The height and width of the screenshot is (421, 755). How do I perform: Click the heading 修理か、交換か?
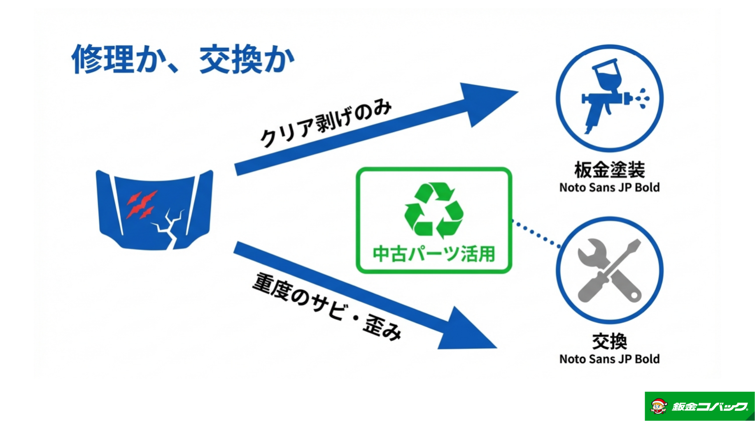click(x=183, y=60)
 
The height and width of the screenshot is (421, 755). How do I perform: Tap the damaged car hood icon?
click(x=154, y=210)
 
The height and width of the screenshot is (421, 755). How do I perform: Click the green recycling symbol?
click(x=433, y=210)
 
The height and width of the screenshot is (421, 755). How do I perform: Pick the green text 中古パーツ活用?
click(x=433, y=254)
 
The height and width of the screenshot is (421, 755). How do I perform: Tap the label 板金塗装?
click(x=609, y=169)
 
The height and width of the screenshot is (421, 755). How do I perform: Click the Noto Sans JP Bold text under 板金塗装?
click(x=609, y=187)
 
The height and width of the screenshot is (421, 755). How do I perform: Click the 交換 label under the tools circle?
click(x=609, y=341)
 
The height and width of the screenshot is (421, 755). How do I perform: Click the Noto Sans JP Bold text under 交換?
click(x=609, y=359)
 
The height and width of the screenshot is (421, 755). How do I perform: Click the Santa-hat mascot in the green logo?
click(x=659, y=406)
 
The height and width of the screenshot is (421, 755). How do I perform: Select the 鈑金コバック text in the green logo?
click(x=709, y=407)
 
